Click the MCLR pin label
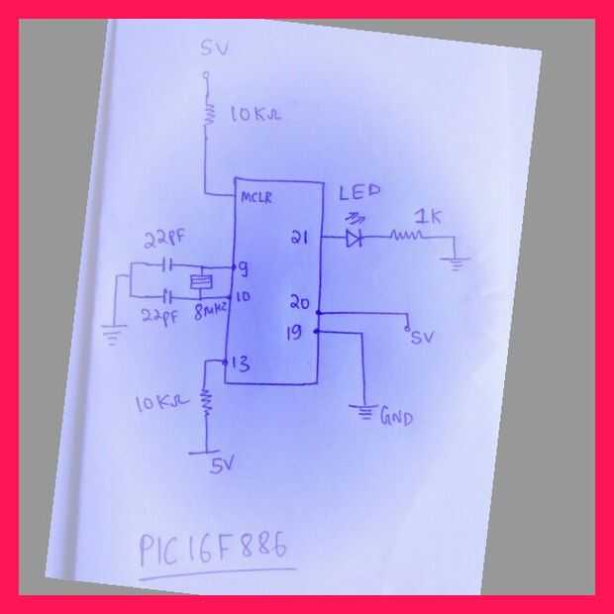(257, 196)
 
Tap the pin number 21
(300, 238)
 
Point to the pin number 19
(294, 332)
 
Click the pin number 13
(239, 364)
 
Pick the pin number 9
(241, 267)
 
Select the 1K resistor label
(428, 215)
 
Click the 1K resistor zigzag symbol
(406, 237)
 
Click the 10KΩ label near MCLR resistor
(255, 115)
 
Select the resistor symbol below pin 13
(207, 400)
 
